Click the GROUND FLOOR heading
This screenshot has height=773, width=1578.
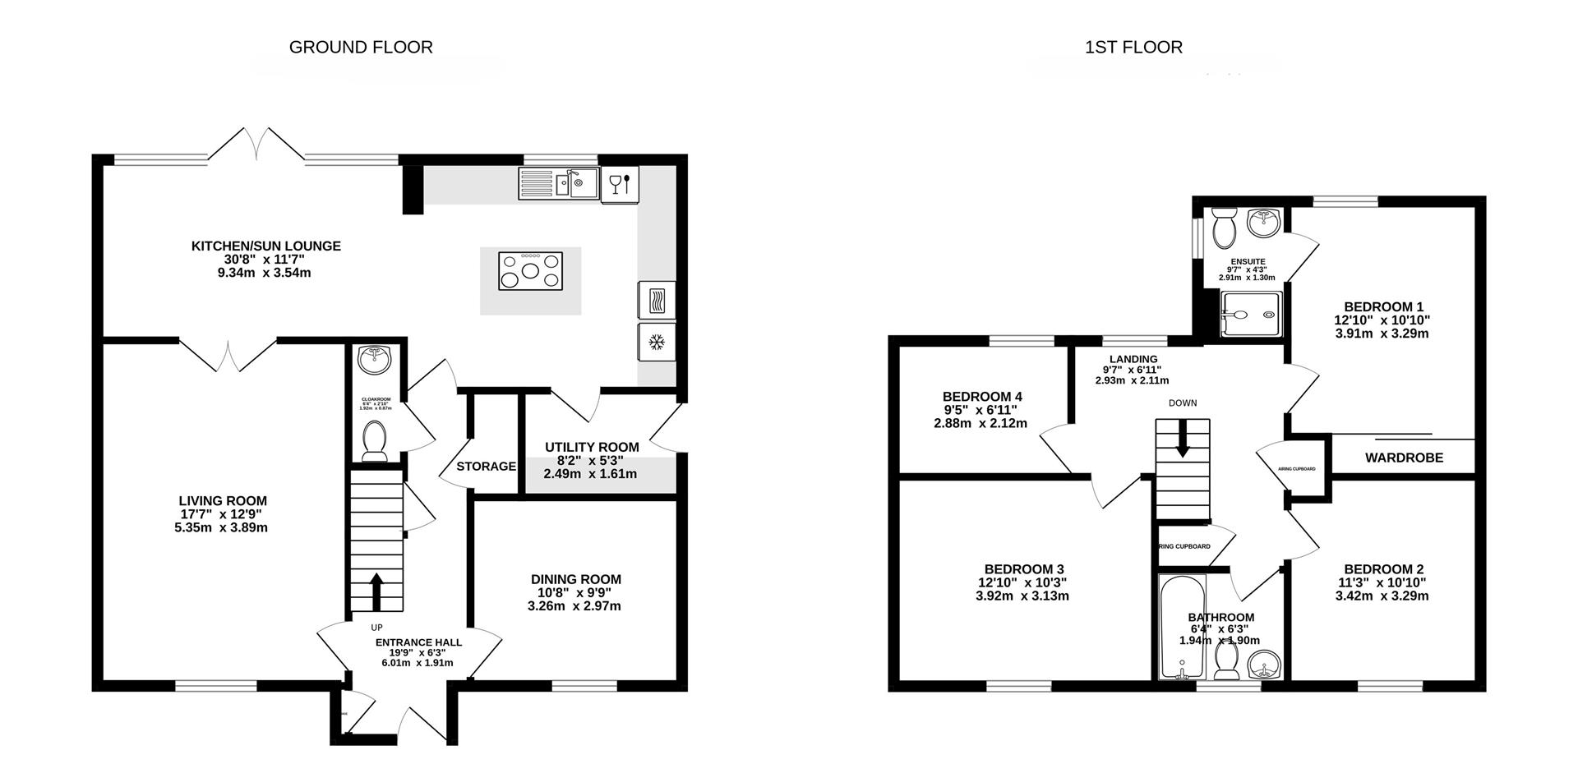361,47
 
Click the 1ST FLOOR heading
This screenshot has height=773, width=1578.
1133,47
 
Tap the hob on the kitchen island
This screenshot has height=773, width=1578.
530,271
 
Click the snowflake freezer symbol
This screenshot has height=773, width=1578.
656,342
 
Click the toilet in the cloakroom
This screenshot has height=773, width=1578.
376,440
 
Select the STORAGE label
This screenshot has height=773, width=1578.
486,466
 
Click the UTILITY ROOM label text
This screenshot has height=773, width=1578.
592,447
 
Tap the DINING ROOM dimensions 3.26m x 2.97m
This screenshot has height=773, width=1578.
574,606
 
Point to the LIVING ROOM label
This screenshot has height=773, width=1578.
223,500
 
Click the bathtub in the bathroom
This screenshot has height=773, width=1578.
1181,627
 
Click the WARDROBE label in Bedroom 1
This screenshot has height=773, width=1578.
1404,458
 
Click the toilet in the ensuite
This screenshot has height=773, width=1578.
1224,228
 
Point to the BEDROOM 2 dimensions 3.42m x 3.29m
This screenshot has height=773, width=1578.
1383,596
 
